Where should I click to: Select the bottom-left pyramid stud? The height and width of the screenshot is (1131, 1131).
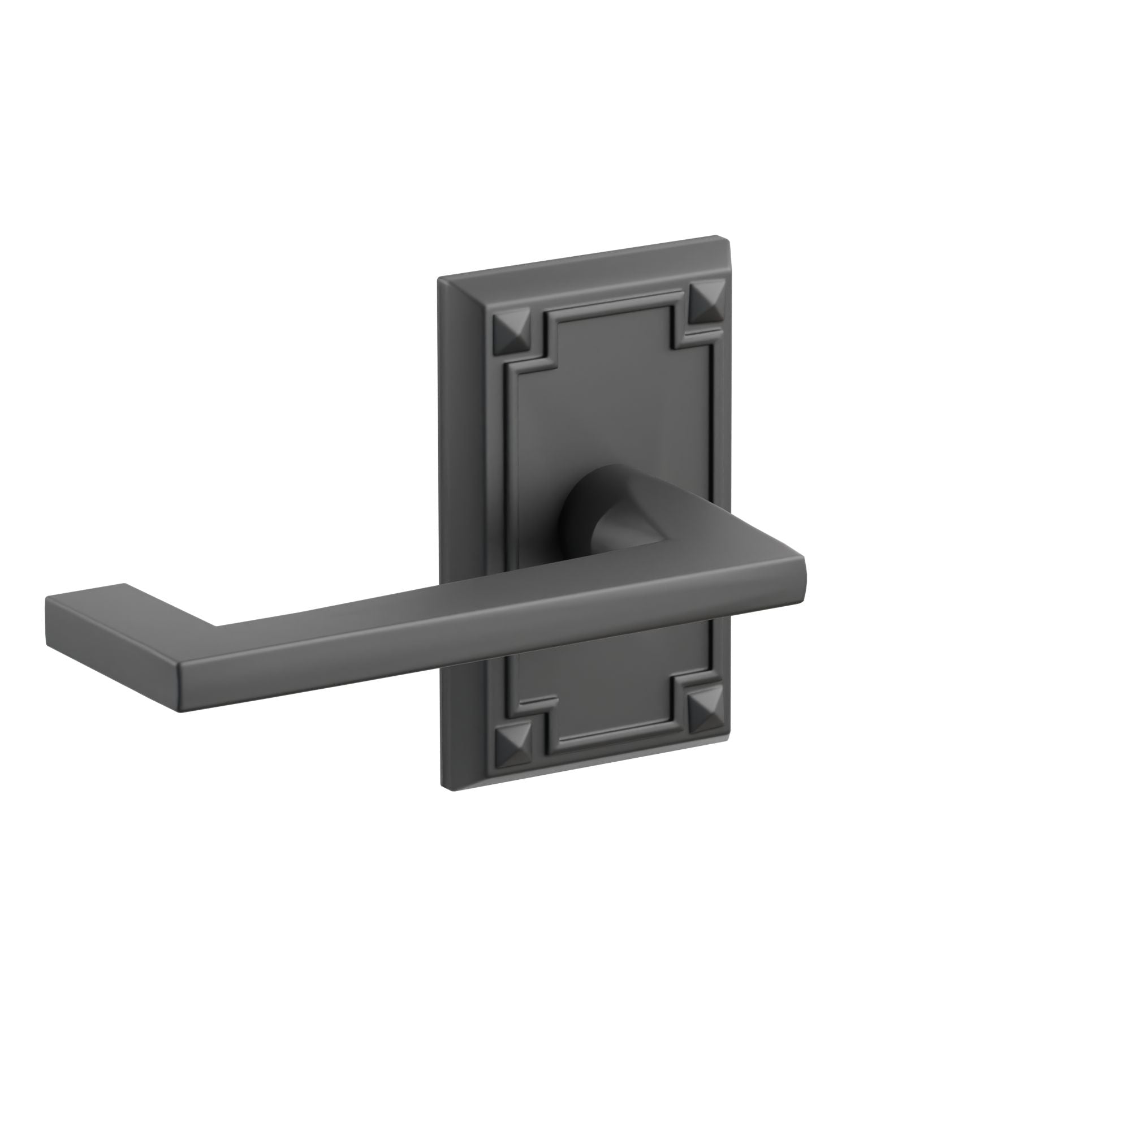click(512, 749)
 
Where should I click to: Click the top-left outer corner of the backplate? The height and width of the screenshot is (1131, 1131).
click(440, 278)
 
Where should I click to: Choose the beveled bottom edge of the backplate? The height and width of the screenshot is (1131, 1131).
click(585, 769)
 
